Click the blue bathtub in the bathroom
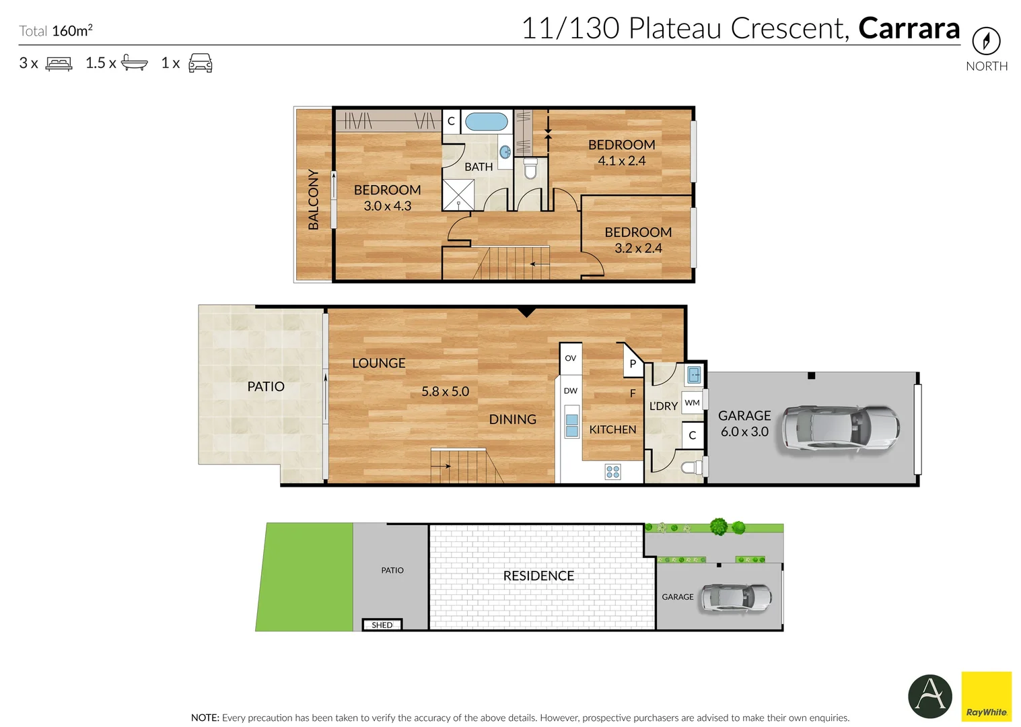(487, 122)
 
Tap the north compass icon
(987, 41)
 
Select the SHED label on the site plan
(382, 625)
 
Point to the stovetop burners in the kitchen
(613, 472)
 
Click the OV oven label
(571, 358)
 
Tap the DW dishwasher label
(571, 390)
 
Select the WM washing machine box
(693, 403)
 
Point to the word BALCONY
(313, 199)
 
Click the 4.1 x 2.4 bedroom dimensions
(622, 161)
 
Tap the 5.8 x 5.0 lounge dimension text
(446, 392)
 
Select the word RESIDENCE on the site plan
(538, 576)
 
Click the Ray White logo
(987, 696)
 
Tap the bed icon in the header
(59, 63)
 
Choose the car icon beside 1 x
(201, 63)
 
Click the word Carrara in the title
(909, 28)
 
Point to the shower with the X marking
(458, 195)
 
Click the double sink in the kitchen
(571, 425)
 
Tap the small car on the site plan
(736, 597)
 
